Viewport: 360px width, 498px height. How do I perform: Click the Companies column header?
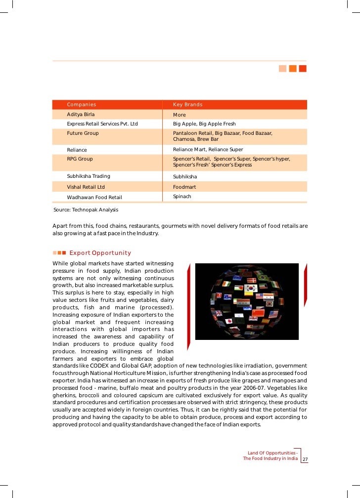(82, 105)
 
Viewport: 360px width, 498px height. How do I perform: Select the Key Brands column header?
(187, 105)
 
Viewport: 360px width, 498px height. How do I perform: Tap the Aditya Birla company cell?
(81, 115)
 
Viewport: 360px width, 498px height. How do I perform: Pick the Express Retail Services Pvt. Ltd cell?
(102, 124)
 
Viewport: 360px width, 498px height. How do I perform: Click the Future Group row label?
(83, 133)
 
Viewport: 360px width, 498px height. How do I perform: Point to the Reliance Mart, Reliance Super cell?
(208, 149)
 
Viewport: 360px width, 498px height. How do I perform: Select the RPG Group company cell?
(80, 159)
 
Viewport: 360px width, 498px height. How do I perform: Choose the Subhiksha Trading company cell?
(89, 176)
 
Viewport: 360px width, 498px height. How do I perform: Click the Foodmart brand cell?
(184, 187)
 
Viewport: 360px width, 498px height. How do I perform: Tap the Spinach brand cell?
(182, 197)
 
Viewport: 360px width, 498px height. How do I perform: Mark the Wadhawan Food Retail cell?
(94, 197)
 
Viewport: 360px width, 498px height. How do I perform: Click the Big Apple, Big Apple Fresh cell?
(204, 124)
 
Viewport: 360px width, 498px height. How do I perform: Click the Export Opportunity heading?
(100, 253)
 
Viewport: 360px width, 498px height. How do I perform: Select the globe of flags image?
(247, 301)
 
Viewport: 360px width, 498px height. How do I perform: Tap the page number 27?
(305, 459)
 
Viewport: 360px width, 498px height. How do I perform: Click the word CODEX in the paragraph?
(100, 366)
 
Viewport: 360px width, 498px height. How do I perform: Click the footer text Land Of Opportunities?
(271, 453)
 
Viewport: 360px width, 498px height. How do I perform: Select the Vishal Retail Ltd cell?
(86, 187)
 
